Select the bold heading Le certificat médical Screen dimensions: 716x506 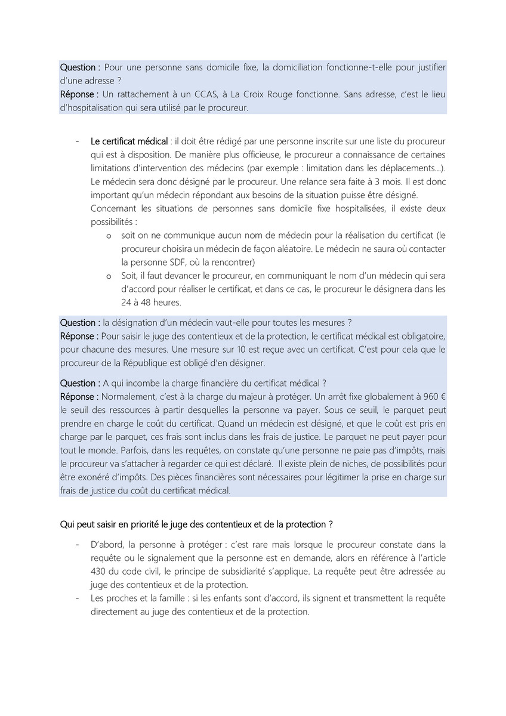coord(129,141)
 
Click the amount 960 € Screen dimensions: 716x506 coord(435,397)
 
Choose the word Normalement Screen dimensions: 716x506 coord(126,397)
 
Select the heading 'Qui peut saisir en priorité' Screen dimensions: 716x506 coord(196,524)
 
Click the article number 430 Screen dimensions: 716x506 coord(99,571)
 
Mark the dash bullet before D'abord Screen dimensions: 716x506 coord(78,545)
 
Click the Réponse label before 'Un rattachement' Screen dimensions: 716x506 coord(79,94)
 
